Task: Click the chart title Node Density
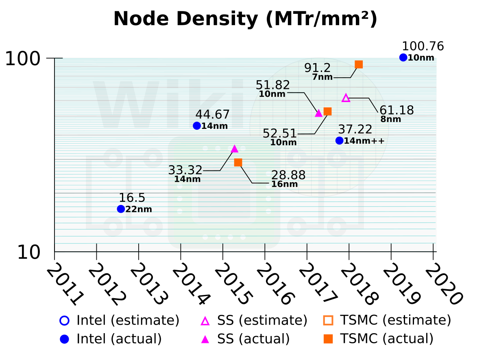245,19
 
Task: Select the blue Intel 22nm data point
121,209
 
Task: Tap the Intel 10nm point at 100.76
403,57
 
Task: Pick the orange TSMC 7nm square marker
359,64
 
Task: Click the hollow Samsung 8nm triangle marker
346,98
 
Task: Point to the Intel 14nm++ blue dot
340,140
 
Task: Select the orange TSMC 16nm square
238,162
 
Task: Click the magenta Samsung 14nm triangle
234,149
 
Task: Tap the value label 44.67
212,115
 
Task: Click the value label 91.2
318,68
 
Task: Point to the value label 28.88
288,175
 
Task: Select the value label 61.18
396,110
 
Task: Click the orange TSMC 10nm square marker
328,111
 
